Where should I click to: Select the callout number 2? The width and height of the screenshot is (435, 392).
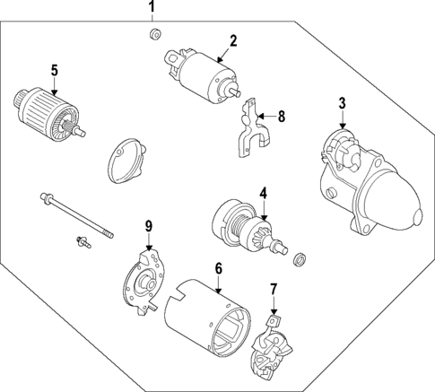click(232, 40)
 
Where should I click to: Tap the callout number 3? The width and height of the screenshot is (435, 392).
click(342, 103)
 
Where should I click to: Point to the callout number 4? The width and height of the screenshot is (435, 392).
click(263, 192)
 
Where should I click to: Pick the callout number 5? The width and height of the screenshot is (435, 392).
click(54, 70)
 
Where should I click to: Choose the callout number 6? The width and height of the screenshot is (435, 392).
click(218, 268)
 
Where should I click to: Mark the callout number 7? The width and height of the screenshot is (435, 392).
click(274, 289)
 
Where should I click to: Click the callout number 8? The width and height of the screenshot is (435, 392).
click(281, 116)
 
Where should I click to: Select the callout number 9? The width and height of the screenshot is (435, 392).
click(150, 225)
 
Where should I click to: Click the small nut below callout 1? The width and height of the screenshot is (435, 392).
click(153, 35)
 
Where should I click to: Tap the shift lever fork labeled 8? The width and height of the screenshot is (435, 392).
click(254, 129)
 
